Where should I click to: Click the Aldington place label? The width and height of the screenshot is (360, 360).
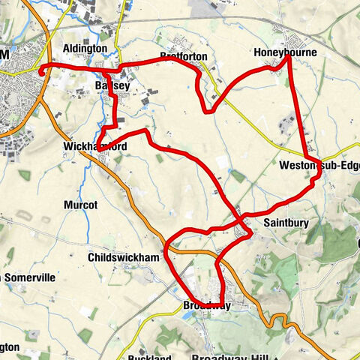pos(85,49)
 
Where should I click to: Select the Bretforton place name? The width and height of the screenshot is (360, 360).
pos(182,55)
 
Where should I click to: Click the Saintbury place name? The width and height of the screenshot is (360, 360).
pos(284,223)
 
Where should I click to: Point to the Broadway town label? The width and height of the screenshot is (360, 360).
pos(206,306)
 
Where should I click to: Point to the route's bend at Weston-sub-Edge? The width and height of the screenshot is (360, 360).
pos(319,173)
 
